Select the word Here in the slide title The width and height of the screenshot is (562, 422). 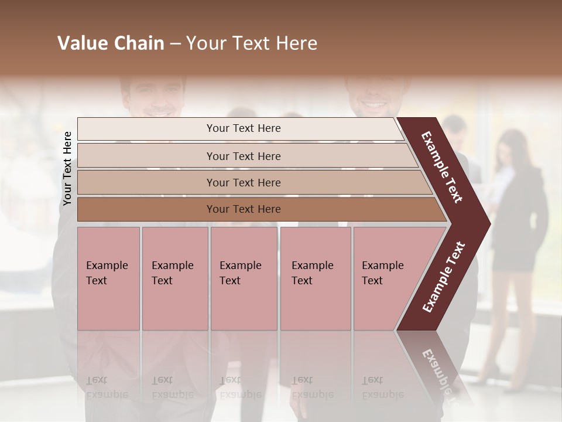(x=296, y=43)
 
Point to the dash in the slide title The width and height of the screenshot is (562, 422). (x=175, y=44)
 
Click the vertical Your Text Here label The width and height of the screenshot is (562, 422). (x=67, y=168)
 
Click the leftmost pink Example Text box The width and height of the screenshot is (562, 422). (x=108, y=278)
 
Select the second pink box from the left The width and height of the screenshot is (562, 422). (x=174, y=278)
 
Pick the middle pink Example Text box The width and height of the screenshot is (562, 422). (x=244, y=278)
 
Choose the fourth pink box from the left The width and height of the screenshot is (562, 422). (x=316, y=278)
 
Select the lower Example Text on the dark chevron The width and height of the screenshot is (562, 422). (x=444, y=277)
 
